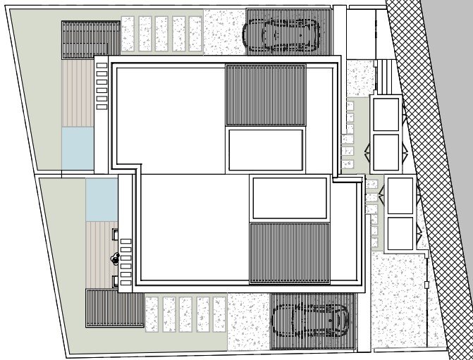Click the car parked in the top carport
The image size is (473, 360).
pos(281,32)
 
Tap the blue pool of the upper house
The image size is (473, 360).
pos(77,147)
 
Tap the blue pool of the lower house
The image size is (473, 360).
pos(101,197)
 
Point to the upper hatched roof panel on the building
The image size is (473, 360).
pos(265,95)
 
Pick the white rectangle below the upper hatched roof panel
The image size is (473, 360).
pos(266,149)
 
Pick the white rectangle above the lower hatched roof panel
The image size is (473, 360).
pos(289,197)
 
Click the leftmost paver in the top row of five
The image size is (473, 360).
pos(128,35)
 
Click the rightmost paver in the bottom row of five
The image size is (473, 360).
pos(219,314)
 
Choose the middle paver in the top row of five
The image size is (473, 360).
pos(163,35)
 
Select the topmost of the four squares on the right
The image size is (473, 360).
pos(386,114)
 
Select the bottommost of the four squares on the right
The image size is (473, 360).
pos(400,232)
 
